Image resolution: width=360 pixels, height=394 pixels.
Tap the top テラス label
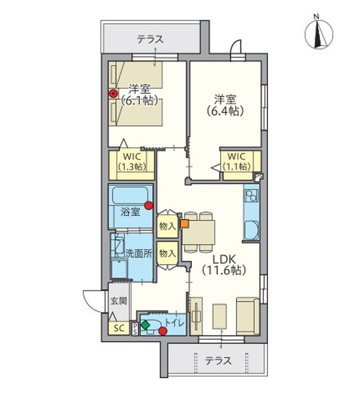[x=151, y=39]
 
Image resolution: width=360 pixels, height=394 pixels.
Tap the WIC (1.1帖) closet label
[x=238, y=162]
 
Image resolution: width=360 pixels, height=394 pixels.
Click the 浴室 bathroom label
[x=130, y=211]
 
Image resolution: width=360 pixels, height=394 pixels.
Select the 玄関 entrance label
[x=118, y=301]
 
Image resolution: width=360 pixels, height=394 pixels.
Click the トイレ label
[x=174, y=322]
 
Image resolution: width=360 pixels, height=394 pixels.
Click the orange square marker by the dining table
[x=185, y=223]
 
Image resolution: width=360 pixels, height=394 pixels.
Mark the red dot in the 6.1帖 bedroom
[x=113, y=94]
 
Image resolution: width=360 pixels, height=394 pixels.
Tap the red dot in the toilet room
[x=162, y=331]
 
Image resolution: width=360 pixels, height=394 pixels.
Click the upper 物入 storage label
[x=167, y=227]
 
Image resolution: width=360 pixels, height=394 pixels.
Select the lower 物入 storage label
[x=167, y=253]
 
